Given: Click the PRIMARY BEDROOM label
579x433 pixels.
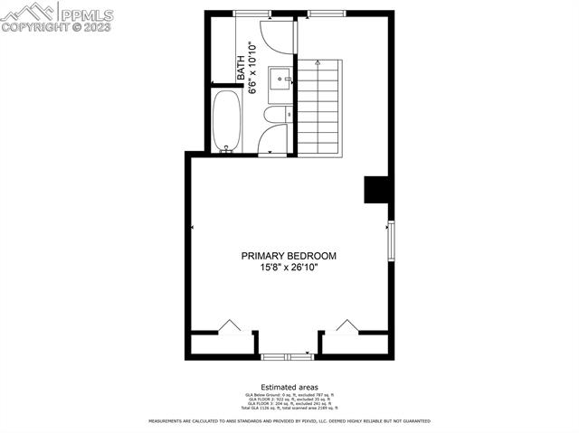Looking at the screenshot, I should pos(289,256).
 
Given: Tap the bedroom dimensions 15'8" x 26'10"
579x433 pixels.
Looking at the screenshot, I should pos(289,268).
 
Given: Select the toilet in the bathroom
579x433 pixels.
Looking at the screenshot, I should pos(277,115).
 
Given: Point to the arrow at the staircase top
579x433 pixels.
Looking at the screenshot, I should pos(318,63).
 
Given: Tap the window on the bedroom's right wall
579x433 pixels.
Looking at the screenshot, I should pos(391,240).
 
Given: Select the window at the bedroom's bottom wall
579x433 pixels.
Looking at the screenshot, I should pos(288,356).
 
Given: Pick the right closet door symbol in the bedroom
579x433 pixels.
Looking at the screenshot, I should pos(347,326).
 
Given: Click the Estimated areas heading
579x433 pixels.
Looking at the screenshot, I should pos(289,386).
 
